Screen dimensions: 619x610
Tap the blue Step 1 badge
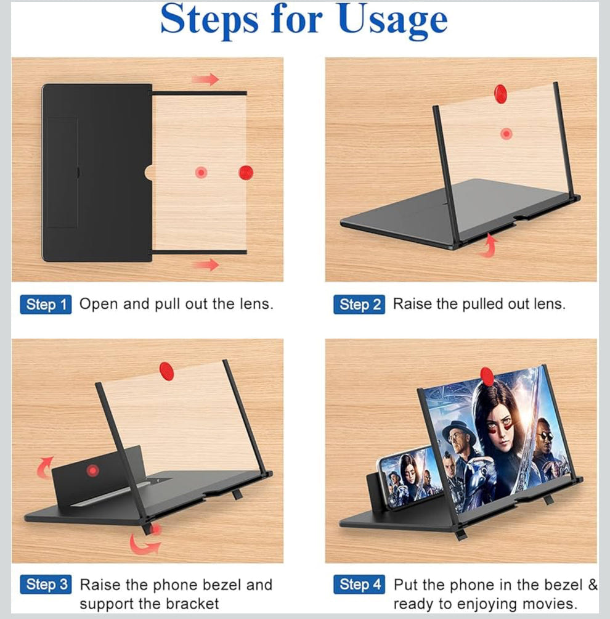(46, 305)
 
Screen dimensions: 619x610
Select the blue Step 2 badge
(359, 305)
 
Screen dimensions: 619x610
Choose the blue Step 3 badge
(46, 584)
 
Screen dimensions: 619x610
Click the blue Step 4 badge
(359, 584)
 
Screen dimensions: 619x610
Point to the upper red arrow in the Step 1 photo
(205, 79)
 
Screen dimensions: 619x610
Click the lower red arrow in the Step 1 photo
(205, 264)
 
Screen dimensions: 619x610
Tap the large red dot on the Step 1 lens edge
(246, 173)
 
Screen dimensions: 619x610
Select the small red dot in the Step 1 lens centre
(201, 173)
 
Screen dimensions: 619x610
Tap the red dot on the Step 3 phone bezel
(92, 471)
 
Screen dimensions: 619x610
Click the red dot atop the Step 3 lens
(166, 371)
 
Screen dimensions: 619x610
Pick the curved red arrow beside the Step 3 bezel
(44, 467)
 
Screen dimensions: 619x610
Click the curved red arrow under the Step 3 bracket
(145, 543)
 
